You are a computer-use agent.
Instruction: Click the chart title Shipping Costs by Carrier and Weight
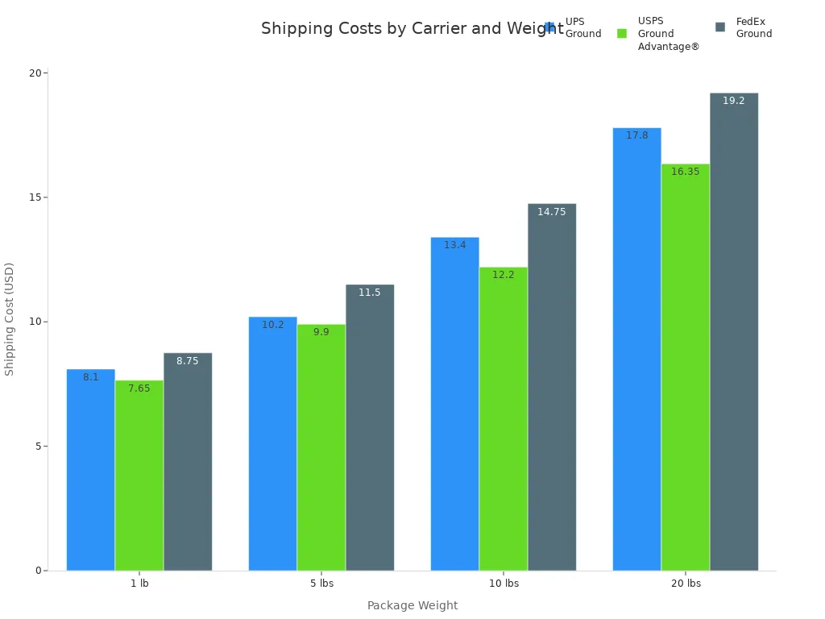coord(411,29)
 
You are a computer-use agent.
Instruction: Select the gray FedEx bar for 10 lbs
coord(551,387)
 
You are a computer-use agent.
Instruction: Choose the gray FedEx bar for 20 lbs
coord(733,331)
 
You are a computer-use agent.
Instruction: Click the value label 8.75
coord(187,361)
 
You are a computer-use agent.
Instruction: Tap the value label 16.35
coord(685,172)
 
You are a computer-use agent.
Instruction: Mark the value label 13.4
coord(454,245)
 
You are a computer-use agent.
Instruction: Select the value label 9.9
coord(321,332)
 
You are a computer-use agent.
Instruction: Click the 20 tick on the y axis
coord(35,73)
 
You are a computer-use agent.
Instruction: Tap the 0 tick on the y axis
coord(37,571)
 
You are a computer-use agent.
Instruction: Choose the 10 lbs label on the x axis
coord(504,584)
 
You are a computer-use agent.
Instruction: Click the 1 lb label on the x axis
coord(139,584)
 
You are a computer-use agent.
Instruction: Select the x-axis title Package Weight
coord(412,605)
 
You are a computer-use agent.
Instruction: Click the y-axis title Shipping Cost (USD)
coord(10,318)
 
